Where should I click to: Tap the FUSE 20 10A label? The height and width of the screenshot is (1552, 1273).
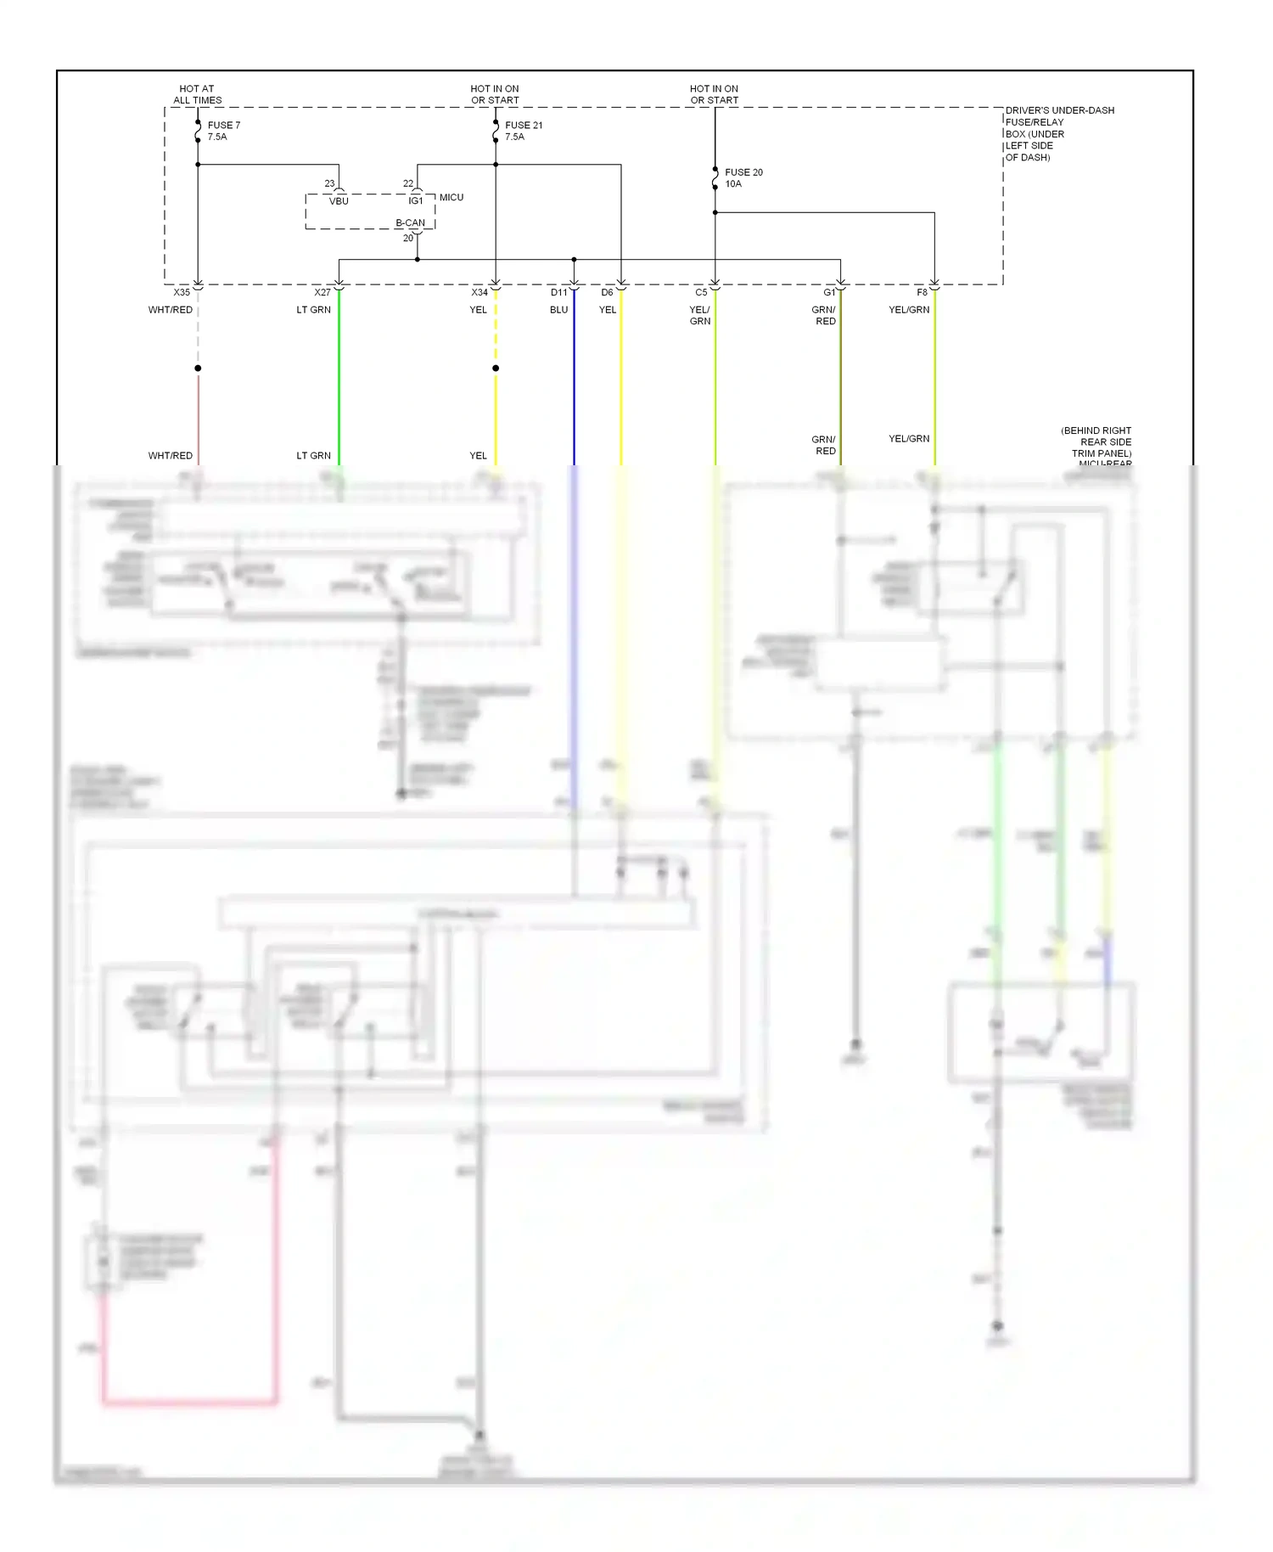[x=743, y=177]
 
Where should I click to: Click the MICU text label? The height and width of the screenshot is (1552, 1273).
[x=451, y=198]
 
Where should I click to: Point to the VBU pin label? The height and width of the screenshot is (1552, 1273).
[x=339, y=201]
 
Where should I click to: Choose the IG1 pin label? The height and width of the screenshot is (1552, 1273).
[x=416, y=201]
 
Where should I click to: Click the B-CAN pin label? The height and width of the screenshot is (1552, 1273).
[x=410, y=223]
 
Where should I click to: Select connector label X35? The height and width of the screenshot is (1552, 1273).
[x=182, y=293]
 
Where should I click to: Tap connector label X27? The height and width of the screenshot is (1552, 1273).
[x=322, y=293]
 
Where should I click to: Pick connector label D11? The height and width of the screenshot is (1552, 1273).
[x=558, y=293]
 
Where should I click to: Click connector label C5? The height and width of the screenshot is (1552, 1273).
[x=701, y=293]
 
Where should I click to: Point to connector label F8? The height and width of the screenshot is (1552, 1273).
[x=923, y=293]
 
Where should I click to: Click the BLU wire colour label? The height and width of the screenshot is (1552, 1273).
[x=558, y=310]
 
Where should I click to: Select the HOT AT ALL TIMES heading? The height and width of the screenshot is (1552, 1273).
[x=197, y=94]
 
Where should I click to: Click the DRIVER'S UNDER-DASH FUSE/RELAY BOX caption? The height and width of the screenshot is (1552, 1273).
[x=1059, y=134]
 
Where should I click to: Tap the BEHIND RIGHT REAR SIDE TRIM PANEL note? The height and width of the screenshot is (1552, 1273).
[x=1096, y=442]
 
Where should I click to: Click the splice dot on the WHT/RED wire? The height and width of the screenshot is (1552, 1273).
[x=198, y=368]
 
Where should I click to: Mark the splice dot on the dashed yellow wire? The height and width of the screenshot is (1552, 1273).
[x=496, y=368]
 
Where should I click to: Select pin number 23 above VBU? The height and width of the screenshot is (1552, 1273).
[x=329, y=183]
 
